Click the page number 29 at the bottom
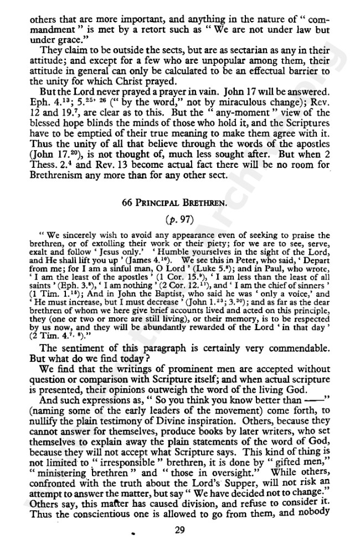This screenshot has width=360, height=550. (x=178, y=531)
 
